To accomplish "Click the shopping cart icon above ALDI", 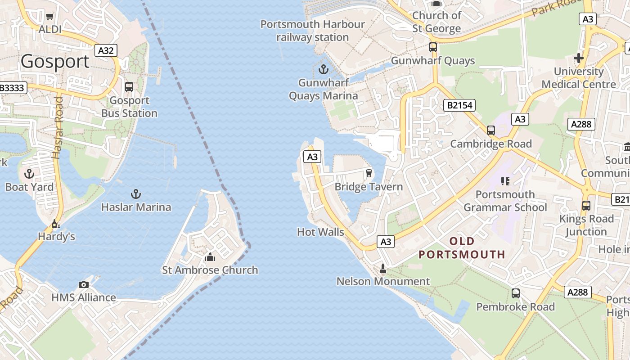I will (50, 17).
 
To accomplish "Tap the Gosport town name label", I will (55, 61).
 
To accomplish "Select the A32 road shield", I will (106, 50).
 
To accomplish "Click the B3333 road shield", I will (12, 88).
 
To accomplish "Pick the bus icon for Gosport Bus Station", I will (129, 87).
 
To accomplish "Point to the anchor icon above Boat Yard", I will (29, 174).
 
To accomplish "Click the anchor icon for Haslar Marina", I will (136, 194).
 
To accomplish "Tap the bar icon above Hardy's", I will (56, 224).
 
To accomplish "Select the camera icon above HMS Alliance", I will (83, 284).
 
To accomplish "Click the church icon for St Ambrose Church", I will (210, 257).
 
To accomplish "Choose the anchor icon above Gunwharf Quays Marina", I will (323, 70).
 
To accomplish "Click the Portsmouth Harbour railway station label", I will (313, 31).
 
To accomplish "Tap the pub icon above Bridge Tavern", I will (369, 173).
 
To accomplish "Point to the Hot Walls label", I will (320, 232).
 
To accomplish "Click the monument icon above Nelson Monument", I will (383, 269).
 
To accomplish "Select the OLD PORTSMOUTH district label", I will (462, 247).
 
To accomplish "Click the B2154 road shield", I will (459, 105).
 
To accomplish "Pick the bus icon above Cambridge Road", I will (491, 130).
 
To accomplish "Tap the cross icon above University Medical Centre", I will (579, 58).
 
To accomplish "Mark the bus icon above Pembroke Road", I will (516, 293).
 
